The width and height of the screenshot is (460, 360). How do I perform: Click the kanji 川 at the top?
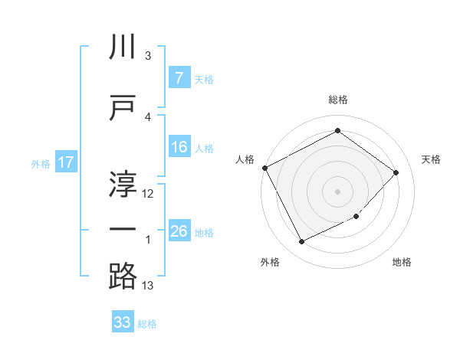pyautogui.click(x=123, y=47)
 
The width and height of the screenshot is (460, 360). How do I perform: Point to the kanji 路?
pyautogui.click(x=123, y=275)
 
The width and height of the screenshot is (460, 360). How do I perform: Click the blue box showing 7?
pyautogui.click(x=179, y=78)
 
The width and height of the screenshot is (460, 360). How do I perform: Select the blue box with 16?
pyautogui.click(x=179, y=148)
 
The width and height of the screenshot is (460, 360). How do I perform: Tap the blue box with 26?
pyautogui.click(x=179, y=231)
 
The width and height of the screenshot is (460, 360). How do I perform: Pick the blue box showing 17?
pyautogui.click(x=65, y=162)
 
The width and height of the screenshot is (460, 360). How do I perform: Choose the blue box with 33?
pyautogui.click(x=123, y=322)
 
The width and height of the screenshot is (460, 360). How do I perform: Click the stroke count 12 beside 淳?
pyautogui.click(x=148, y=194)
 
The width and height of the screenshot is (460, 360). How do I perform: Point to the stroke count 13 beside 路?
pyautogui.click(x=148, y=286)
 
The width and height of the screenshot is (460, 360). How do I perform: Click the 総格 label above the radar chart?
pyautogui.click(x=338, y=100)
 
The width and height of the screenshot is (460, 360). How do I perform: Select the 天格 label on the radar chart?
pyautogui.click(x=431, y=159)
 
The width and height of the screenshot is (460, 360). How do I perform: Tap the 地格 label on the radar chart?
pyautogui.click(x=402, y=262)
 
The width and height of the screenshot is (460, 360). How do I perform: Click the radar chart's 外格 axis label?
pyautogui.click(x=270, y=262)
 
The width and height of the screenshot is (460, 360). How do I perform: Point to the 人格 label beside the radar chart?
pyautogui.click(x=245, y=159)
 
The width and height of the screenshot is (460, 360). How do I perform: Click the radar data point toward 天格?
pyautogui.click(x=396, y=172)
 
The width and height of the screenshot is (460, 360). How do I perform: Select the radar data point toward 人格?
pyautogui.click(x=264, y=168)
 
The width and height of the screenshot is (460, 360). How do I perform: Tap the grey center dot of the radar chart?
pyautogui.click(x=337, y=191)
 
